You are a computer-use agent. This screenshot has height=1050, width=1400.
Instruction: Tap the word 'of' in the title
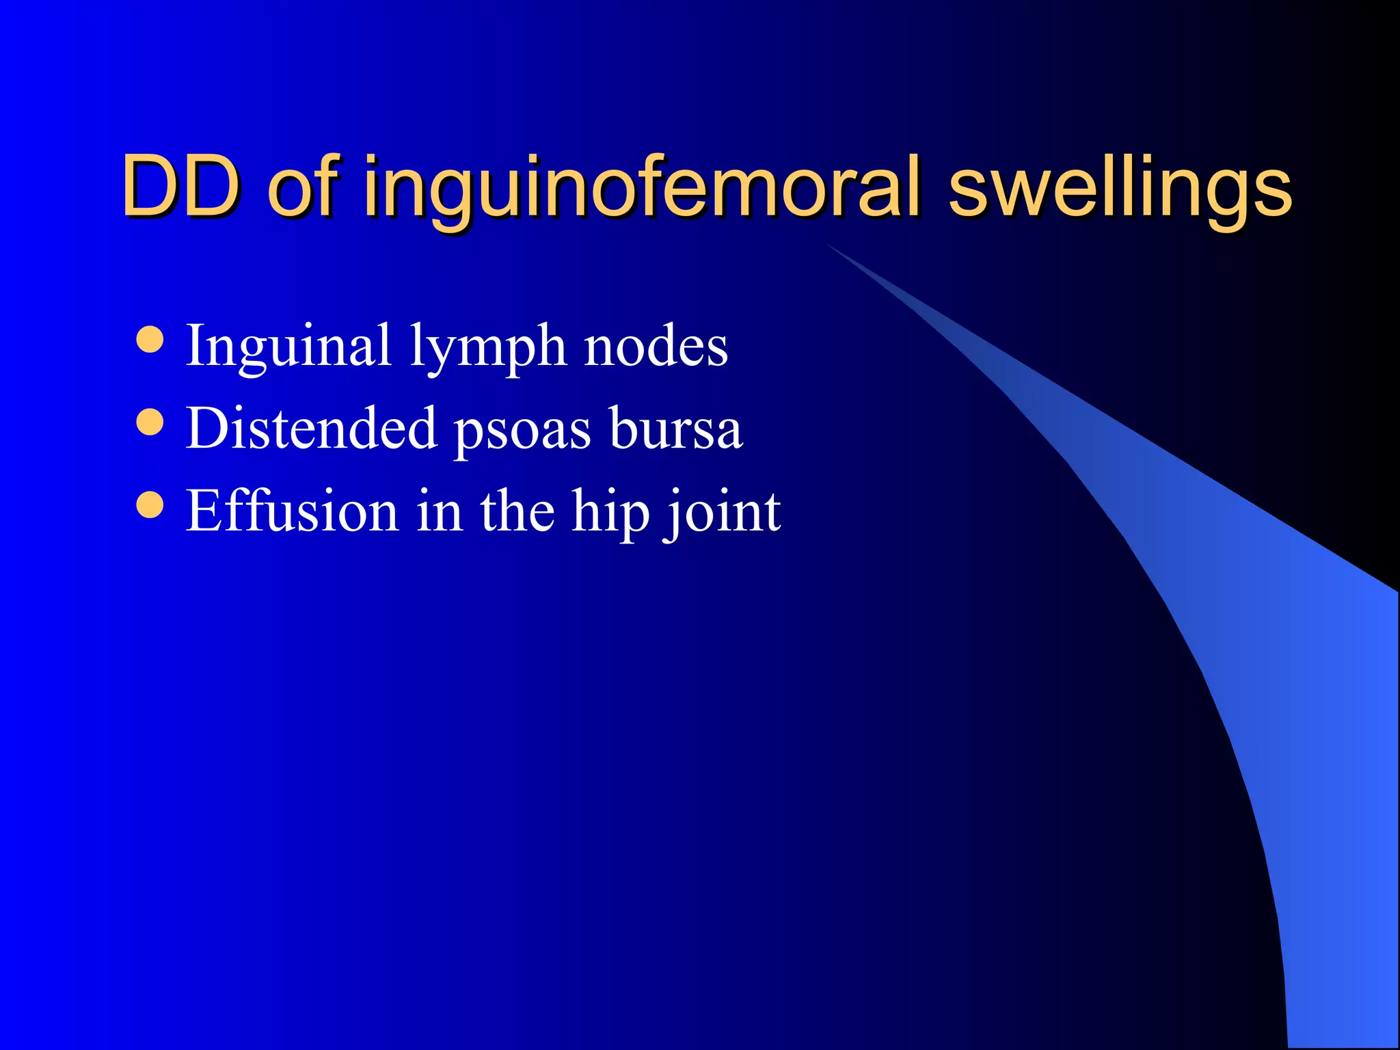coord(304,186)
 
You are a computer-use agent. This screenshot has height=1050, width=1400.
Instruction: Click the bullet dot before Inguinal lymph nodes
coord(150,340)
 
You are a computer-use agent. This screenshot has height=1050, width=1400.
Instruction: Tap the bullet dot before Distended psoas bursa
coord(150,422)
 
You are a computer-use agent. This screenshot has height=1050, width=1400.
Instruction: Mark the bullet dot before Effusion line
coord(150,505)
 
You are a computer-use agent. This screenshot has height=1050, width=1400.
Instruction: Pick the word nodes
coord(656,346)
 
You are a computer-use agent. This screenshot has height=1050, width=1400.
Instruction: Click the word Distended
coord(311,428)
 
